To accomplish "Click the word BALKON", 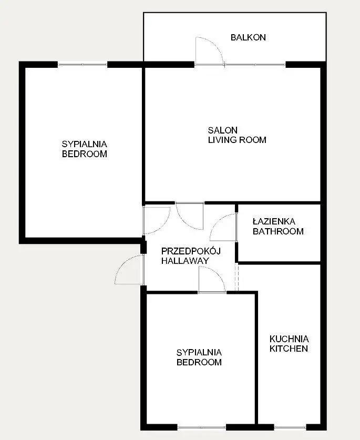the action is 248,37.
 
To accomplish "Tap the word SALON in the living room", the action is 222,130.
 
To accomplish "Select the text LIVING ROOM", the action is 237,140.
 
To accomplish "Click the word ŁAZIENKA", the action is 274,222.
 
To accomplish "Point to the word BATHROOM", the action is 278,231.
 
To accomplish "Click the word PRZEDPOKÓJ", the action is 191,251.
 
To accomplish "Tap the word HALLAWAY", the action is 185,261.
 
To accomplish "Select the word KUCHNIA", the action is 289,339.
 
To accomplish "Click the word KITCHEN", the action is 289,349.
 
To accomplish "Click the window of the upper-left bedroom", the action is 83,65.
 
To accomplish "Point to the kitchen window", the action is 290,427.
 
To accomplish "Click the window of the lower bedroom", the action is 201,427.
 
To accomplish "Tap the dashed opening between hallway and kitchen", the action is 236,277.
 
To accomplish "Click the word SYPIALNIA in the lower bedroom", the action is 199,352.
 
